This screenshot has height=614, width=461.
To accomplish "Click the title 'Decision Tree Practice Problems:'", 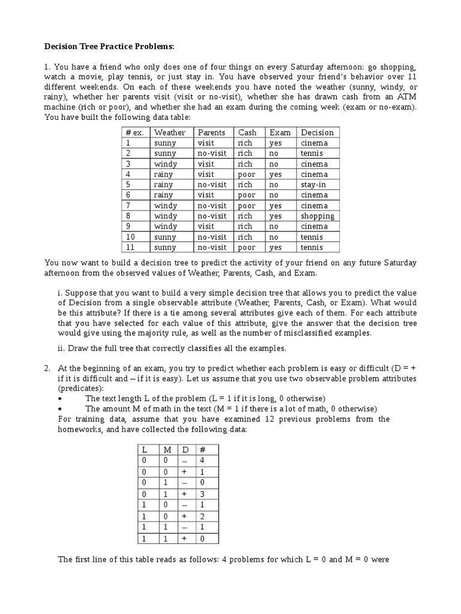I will click(110, 46).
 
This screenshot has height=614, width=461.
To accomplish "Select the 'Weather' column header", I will click(170, 133).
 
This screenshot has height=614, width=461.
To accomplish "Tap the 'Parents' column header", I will click(211, 133).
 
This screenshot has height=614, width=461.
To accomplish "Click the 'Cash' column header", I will click(247, 133).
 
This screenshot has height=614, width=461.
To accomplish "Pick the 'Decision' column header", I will click(317, 133).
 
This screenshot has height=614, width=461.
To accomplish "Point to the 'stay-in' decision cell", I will click(313, 185).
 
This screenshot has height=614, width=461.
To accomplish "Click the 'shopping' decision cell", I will click(318, 216).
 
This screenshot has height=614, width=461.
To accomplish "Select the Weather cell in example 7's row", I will click(166, 206).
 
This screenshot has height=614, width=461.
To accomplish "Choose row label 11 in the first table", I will click(130, 247).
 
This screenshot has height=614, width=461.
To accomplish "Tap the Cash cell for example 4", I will click(246, 174).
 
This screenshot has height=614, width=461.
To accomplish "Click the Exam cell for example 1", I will click(276, 143).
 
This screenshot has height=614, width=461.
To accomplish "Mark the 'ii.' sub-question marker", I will click(61, 348).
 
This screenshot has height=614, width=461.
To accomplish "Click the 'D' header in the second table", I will click(184, 449).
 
